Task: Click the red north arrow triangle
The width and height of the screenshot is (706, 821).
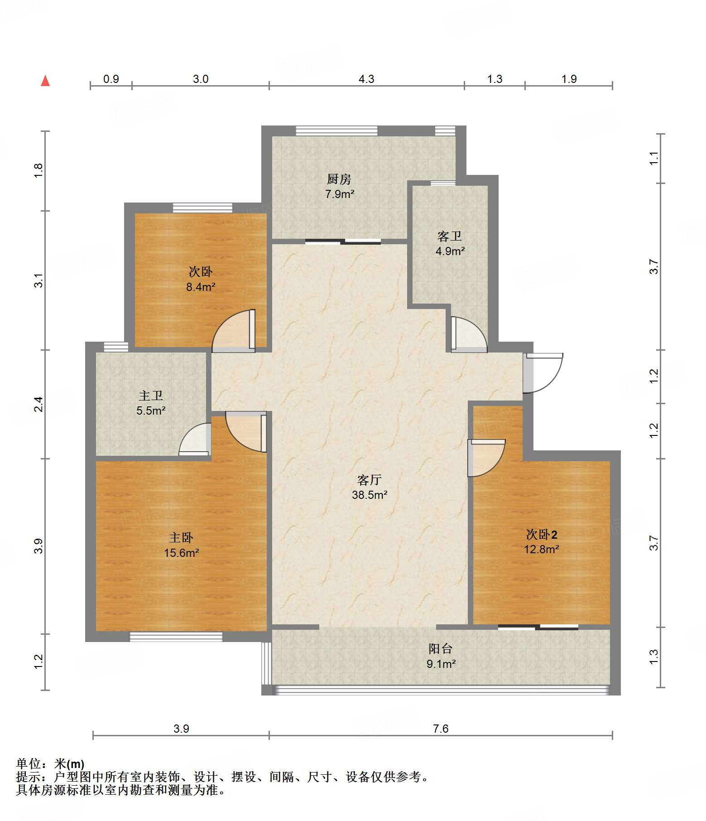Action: pos(45,81)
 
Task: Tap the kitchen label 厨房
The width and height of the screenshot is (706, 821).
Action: pos(339,179)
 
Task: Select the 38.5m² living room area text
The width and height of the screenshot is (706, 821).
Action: pos(370,495)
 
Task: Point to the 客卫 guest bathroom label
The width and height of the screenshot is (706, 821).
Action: pos(450,236)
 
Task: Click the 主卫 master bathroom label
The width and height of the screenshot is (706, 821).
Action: pos(151,396)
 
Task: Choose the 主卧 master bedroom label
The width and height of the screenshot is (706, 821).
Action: pos(181,538)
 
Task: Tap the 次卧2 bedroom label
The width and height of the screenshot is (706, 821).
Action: pos(542,535)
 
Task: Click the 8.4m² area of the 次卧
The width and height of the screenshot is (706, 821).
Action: pos(201,287)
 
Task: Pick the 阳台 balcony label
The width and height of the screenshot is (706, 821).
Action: pos(441,649)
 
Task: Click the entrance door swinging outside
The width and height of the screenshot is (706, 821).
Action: pos(543,373)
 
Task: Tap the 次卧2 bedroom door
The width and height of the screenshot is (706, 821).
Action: pos(486,458)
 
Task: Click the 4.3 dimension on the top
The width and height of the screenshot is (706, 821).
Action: pos(366,79)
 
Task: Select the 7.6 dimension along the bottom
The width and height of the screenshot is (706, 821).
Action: pos(441,729)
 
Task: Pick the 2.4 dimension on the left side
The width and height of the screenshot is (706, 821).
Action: pos(39,404)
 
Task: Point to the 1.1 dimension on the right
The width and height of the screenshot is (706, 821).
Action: pos(653,158)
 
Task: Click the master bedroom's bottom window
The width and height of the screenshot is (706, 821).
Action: pos(176,637)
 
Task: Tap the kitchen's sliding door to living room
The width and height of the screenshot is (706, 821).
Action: pos(343,241)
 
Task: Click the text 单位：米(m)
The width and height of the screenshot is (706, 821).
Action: pos(50,764)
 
